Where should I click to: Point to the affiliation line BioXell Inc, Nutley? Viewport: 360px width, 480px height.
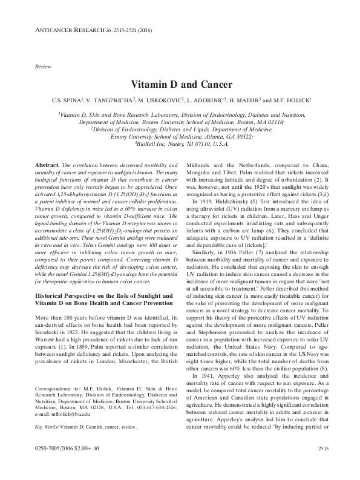click(x=179, y=144)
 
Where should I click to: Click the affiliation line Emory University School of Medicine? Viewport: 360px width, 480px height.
click(x=179, y=136)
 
